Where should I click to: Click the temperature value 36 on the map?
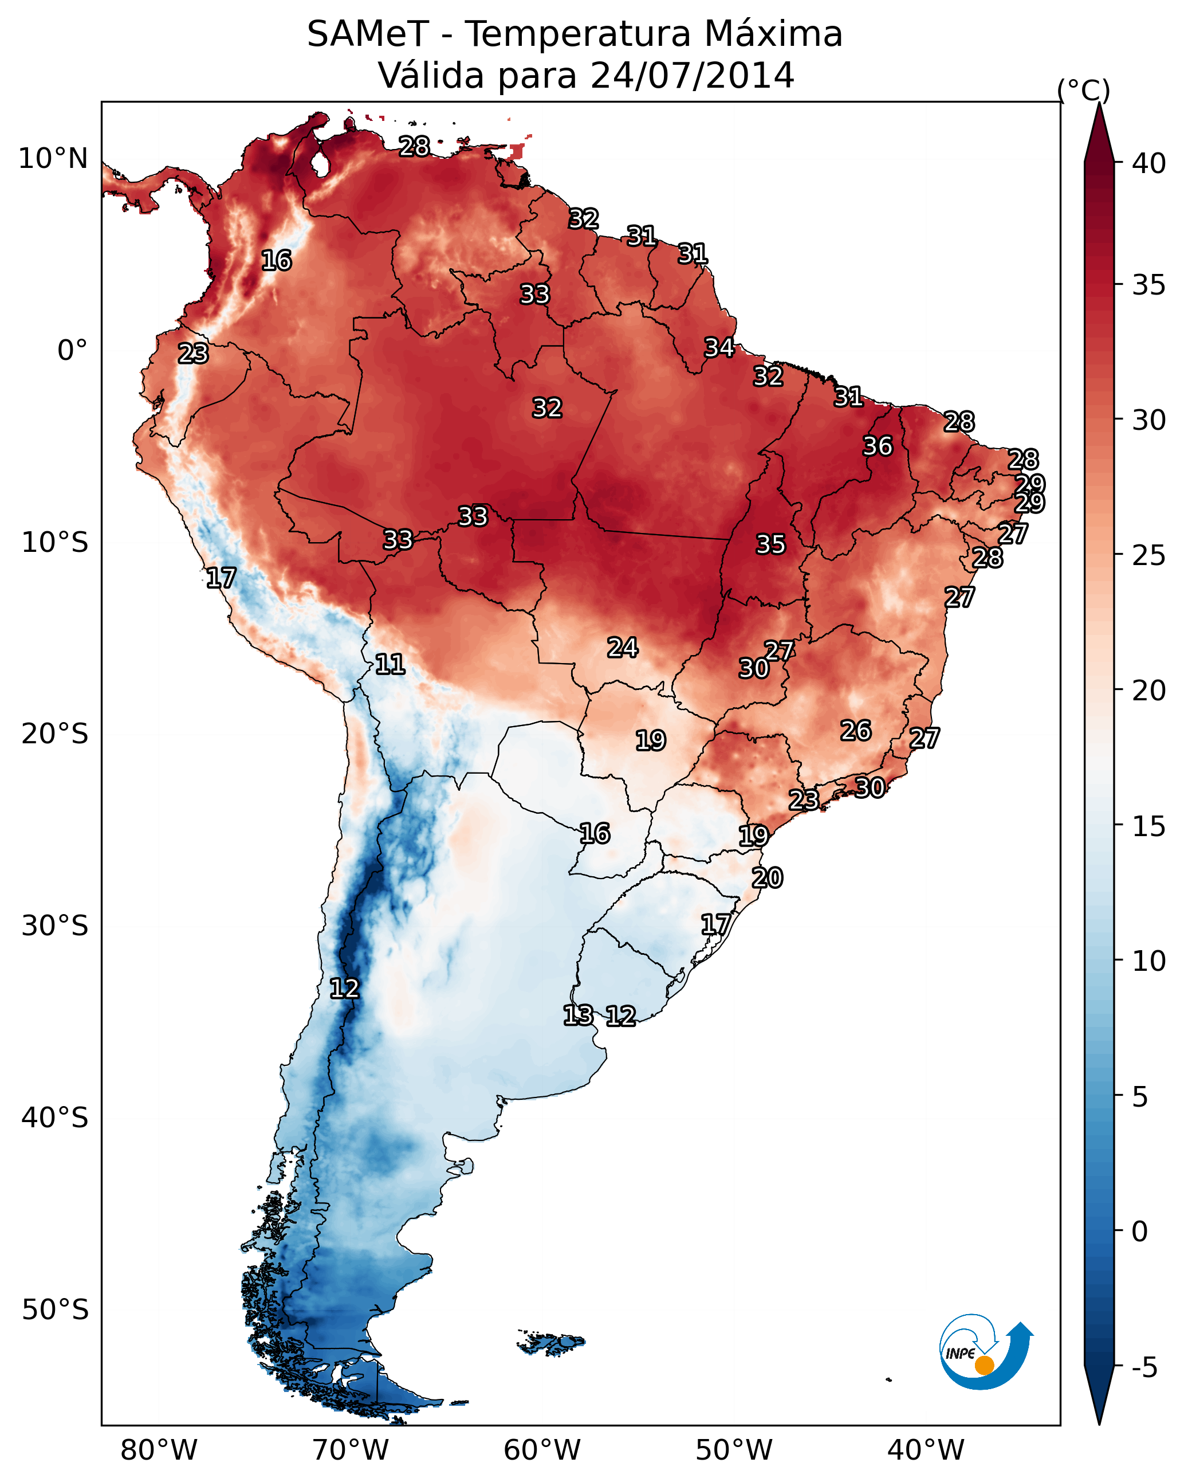coord(878,446)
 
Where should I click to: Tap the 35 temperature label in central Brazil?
coord(770,544)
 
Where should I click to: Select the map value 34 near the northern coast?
coord(719,348)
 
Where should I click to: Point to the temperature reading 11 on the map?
coord(390,664)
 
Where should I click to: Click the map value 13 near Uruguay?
coord(578,1016)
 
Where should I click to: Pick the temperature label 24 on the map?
coord(623,648)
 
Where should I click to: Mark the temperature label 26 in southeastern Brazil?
coord(856,731)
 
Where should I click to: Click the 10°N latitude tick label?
coord(53,159)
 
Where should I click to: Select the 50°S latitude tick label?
coord(55,1310)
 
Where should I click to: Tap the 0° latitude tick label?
coord(72,351)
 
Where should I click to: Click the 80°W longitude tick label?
coord(159,1450)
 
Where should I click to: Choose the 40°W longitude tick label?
coord(926,1450)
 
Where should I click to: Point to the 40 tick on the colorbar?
coord(1149,163)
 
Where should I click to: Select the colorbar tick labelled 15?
coord(1149,826)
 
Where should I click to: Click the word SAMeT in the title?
coord(368,34)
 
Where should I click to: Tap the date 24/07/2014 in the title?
coord(692,76)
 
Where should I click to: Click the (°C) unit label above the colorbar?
coord(1083,90)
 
